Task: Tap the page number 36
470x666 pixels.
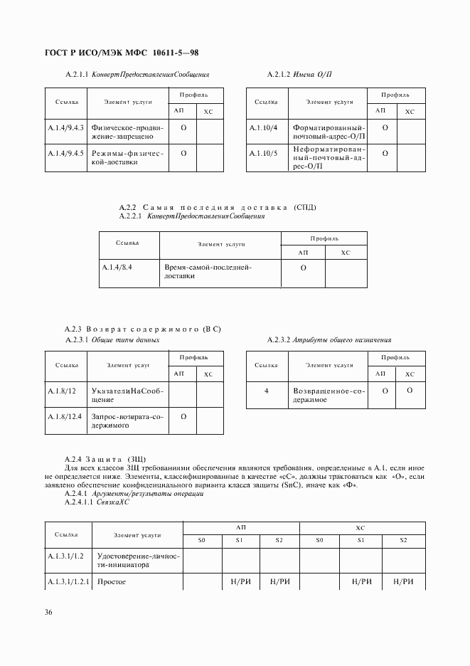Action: (x=48, y=613)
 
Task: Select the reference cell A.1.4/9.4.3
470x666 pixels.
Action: (x=65, y=128)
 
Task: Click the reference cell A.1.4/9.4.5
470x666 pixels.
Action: (x=65, y=153)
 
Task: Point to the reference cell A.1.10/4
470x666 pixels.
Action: (x=263, y=127)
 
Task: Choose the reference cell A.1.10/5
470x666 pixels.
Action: (x=263, y=153)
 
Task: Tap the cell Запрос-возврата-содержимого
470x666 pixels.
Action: (x=127, y=421)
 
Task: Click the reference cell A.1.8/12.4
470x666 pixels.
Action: (x=65, y=416)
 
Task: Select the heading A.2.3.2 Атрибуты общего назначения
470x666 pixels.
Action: (x=329, y=340)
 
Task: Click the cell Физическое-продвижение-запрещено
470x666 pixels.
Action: (x=127, y=132)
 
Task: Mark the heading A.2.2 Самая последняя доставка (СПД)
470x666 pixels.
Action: (x=219, y=207)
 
